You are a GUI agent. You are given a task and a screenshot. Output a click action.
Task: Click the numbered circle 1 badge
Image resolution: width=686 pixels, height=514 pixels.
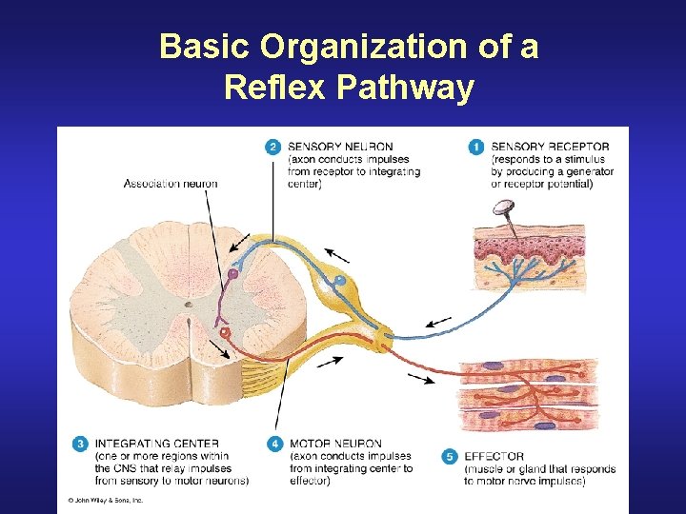click(475, 147)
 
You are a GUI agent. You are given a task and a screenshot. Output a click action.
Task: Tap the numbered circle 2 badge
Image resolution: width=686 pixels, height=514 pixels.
click(272, 147)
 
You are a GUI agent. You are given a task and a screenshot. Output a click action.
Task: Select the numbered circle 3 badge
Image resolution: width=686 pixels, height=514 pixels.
click(80, 444)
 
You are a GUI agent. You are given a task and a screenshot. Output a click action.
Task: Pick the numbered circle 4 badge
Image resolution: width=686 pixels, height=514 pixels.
click(273, 444)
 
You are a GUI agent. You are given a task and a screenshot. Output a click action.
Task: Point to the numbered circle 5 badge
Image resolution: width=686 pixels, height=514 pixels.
click(450, 457)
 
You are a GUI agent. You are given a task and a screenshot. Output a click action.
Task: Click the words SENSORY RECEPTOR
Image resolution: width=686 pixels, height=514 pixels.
click(550, 147)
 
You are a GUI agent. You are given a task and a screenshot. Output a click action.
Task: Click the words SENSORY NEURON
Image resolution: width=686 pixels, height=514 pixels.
click(339, 147)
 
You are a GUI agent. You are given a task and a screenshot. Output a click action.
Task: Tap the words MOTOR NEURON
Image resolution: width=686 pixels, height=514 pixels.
click(334, 444)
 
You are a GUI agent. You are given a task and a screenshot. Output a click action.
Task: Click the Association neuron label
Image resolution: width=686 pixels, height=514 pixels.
click(171, 184)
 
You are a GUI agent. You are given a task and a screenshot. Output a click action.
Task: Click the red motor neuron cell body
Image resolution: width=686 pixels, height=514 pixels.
click(225, 333)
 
